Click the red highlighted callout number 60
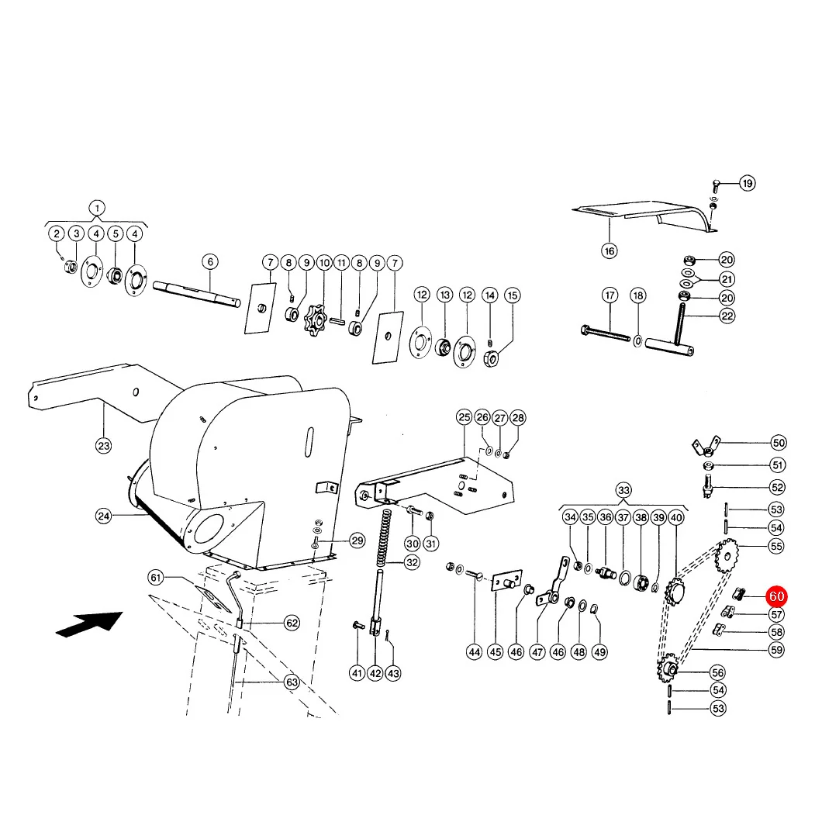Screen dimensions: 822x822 (776, 596)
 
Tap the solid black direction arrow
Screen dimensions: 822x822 (89, 623)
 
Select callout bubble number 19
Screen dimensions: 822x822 (748, 184)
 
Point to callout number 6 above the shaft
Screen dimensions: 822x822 (210, 261)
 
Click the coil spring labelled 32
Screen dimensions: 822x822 (385, 537)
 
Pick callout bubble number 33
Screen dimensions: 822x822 (623, 490)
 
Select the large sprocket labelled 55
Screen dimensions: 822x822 (727, 556)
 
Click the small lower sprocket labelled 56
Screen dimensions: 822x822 (668, 668)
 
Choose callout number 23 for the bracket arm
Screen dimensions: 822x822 (104, 446)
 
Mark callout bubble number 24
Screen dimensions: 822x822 (104, 516)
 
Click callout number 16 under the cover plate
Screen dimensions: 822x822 (610, 251)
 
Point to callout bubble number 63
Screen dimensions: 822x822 (292, 682)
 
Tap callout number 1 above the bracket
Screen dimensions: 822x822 (97, 208)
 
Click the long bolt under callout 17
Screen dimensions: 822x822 (606, 333)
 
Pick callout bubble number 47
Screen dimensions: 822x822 (537, 652)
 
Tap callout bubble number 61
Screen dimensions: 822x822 (156, 578)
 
